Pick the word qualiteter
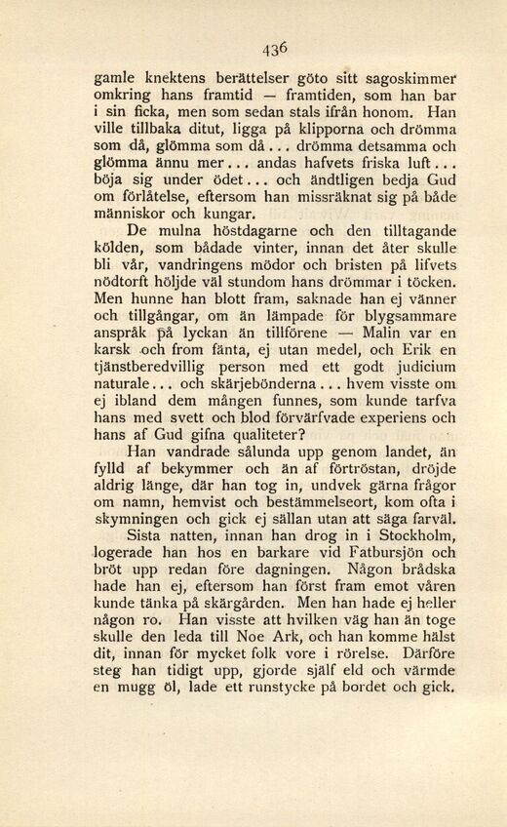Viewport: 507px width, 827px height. point(252,445)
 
